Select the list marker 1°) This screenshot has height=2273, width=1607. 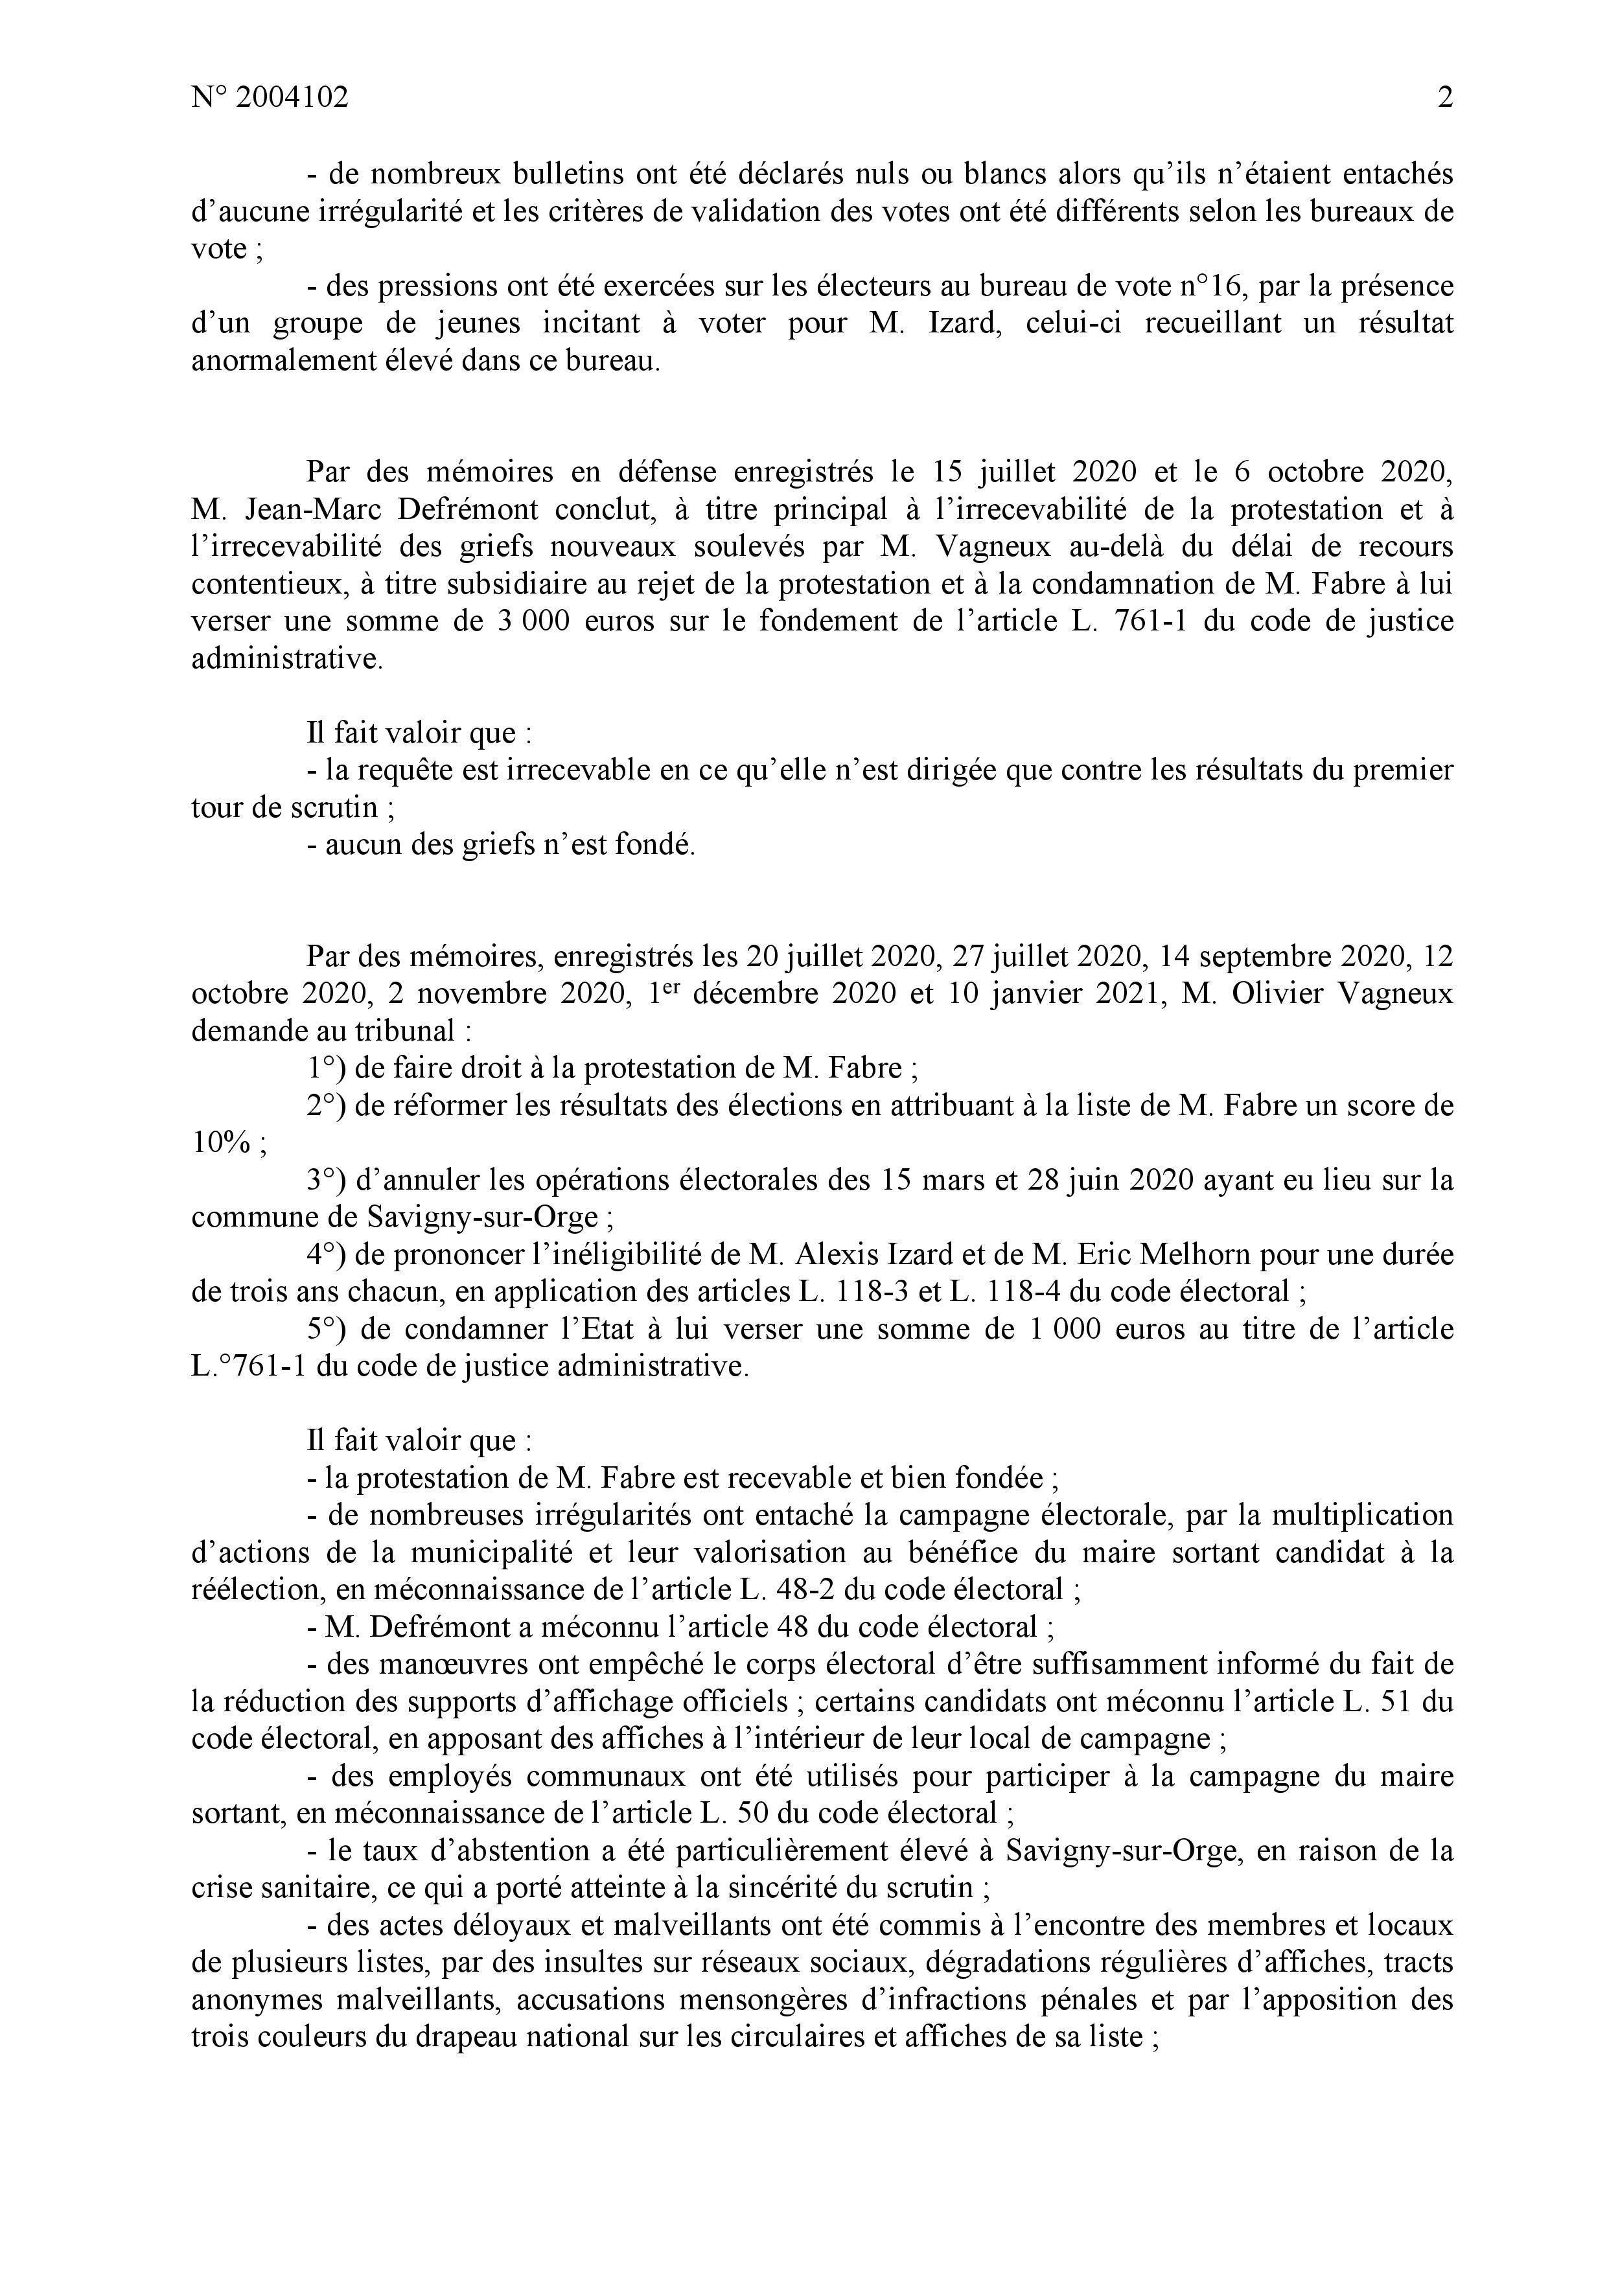(324, 1069)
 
